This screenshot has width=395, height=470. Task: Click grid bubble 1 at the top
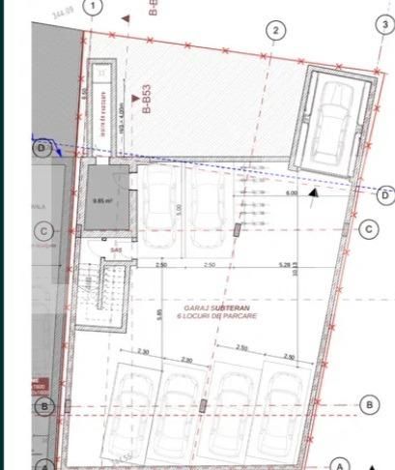(x=93, y=8)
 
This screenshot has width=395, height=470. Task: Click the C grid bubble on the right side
(x=367, y=229)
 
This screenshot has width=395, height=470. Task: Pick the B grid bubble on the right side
(x=367, y=404)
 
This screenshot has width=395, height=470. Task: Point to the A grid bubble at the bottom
(x=339, y=463)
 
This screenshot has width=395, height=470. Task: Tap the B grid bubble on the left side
(x=42, y=407)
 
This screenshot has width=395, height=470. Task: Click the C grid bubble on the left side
(x=42, y=231)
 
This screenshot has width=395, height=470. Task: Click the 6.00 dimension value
(x=291, y=192)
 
